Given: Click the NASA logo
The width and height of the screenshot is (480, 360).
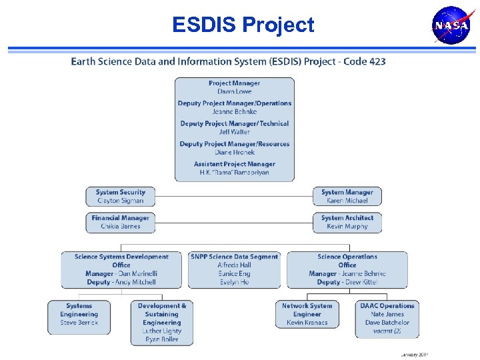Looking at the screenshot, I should click(451, 26).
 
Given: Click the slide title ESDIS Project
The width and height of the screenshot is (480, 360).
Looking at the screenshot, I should click(243, 25).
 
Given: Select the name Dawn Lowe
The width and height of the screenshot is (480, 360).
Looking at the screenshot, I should click(234, 91).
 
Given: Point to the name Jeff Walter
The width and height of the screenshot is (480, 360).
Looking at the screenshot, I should click(234, 132).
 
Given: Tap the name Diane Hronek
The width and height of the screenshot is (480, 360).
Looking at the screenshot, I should click(234, 153).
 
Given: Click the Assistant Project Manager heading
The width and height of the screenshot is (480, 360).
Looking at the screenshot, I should click(234, 164).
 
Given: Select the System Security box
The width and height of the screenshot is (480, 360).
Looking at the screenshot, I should click(121, 196).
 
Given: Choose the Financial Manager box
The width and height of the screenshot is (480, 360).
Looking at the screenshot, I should click(121, 222).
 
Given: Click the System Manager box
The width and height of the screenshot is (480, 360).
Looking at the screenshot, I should click(347, 196).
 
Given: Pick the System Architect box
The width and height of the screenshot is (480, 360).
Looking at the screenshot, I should click(347, 222).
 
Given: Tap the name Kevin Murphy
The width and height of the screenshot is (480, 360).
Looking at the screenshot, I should click(347, 227).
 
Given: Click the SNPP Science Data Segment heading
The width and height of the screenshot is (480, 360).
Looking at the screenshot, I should click(234, 257).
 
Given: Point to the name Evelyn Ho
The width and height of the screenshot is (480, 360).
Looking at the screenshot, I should click(234, 282).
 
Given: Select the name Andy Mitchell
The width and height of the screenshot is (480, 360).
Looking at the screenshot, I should click(133, 282).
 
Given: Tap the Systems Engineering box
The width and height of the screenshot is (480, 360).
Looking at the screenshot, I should click(79, 314).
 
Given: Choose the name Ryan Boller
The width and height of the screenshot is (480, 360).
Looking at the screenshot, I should click(161, 339).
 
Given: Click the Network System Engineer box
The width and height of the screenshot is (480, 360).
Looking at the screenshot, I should click(307, 314).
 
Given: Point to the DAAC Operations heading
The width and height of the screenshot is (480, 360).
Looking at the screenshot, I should click(387, 306).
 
